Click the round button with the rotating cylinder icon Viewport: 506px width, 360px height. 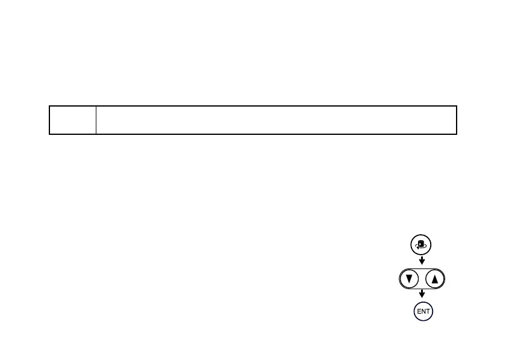click(x=422, y=245)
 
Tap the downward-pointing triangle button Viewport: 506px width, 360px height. click(x=409, y=279)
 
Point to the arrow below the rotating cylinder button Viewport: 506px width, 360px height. click(x=422, y=261)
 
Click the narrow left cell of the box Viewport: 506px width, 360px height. click(x=72, y=120)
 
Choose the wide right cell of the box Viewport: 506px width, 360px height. click(x=276, y=120)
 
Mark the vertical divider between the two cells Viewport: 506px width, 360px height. click(x=96, y=120)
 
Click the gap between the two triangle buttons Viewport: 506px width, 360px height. click(x=422, y=279)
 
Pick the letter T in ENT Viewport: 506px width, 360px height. click(x=427, y=312)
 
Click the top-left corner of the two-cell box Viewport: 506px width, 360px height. click(x=49, y=107)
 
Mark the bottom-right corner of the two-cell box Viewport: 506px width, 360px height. click(x=457, y=133)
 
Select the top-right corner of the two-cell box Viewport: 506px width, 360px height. click(x=457, y=107)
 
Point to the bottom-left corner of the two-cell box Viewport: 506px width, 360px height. click(x=49, y=133)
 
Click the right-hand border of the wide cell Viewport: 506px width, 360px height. click(x=457, y=120)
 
